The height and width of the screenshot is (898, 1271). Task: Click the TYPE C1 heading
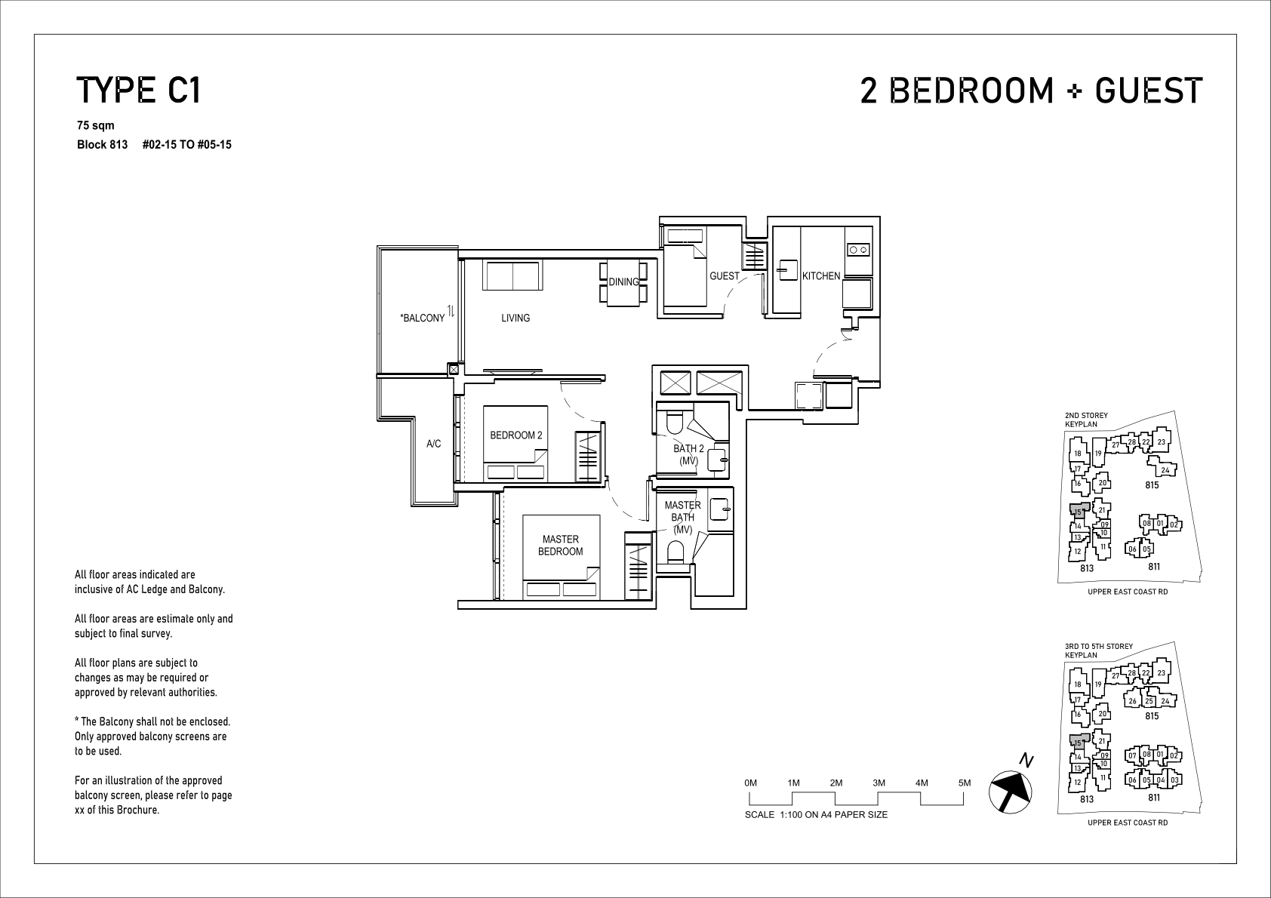point(138,91)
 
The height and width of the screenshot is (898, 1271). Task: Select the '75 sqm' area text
point(96,126)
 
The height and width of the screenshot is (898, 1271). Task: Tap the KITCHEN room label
point(821,276)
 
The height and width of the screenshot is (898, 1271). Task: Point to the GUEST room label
point(725,276)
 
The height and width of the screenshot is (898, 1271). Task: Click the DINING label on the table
point(623,282)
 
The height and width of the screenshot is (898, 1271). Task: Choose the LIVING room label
point(515,318)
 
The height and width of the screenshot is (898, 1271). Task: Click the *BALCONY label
point(422,318)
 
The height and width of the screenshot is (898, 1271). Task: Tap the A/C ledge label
point(433,444)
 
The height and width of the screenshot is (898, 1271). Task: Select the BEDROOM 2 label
point(515,435)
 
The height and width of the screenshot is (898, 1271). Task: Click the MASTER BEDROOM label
point(561,545)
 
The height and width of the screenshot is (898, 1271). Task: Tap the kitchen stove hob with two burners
point(858,250)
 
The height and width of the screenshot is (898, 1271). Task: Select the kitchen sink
point(787,271)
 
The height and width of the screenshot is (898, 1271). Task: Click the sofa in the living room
point(513,275)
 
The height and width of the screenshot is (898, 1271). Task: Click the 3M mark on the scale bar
point(879,783)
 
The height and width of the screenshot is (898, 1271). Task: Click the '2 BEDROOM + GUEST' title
point(1031,91)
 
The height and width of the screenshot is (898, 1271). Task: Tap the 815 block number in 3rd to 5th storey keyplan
point(1151,716)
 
